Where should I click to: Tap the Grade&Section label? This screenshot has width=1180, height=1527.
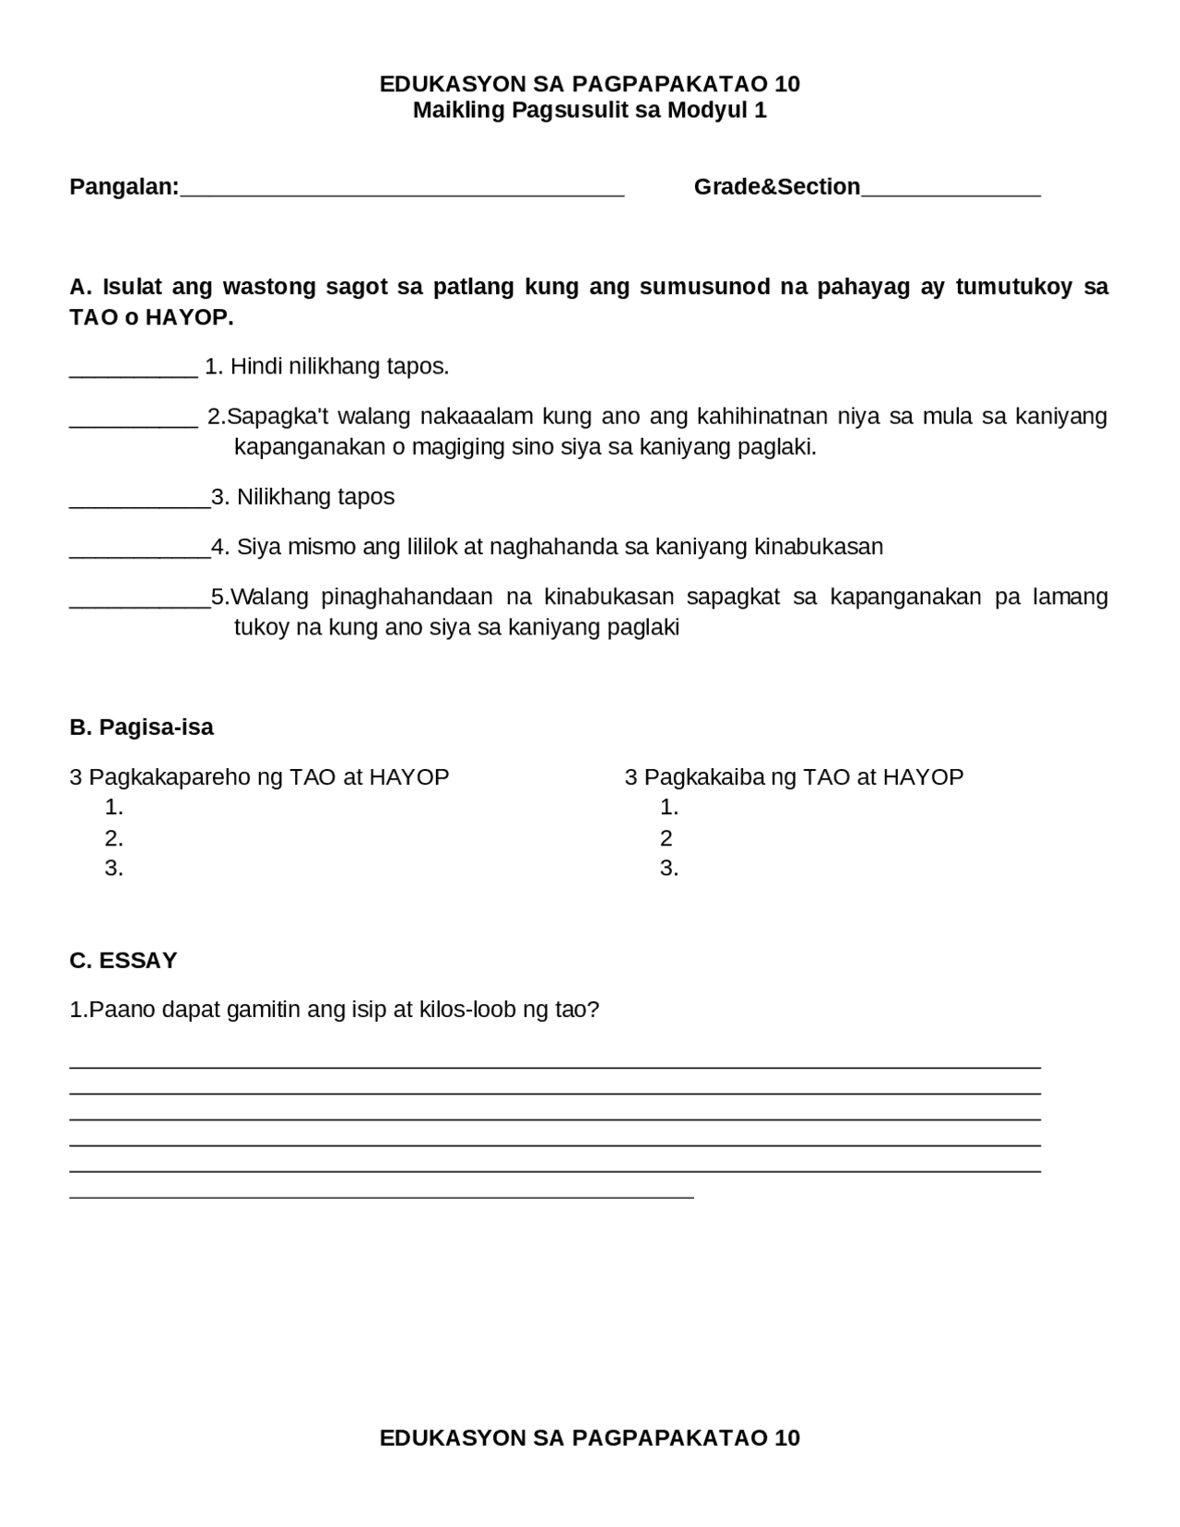coord(776,187)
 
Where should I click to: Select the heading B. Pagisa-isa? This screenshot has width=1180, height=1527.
coord(141,728)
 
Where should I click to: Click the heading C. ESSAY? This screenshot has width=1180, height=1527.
coord(123,961)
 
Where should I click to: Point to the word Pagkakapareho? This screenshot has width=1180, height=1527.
coord(171,777)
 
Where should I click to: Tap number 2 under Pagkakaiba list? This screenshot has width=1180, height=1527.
coord(667,838)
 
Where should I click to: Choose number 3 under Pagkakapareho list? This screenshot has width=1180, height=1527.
coord(113,869)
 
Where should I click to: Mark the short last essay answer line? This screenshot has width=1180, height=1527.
coord(381,1197)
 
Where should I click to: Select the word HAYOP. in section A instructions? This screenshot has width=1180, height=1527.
coord(189,318)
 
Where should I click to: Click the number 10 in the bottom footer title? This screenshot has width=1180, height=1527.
coord(787,1438)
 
